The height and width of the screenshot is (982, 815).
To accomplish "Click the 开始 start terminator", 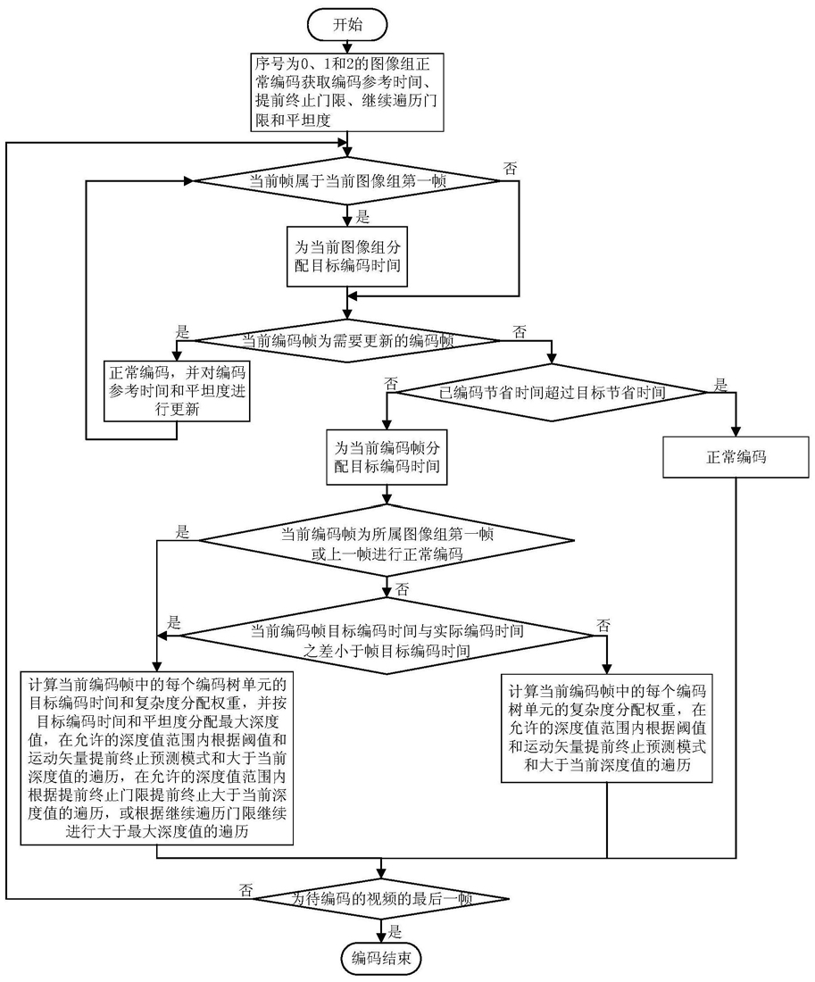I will [x=348, y=23].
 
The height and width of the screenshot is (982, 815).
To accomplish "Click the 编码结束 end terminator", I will [x=383, y=959].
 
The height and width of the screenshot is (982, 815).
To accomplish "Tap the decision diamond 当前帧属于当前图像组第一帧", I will [x=348, y=181].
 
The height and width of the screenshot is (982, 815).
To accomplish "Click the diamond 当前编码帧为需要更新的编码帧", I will [x=348, y=340].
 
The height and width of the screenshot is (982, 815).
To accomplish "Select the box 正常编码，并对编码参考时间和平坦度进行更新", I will [x=177, y=390].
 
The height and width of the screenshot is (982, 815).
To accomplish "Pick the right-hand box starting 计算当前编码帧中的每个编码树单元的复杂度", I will [x=607, y=728].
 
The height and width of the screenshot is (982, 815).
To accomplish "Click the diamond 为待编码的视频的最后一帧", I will [x=383, y=898].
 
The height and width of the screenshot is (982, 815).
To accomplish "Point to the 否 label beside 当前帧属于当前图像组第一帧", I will [x=510, y=167].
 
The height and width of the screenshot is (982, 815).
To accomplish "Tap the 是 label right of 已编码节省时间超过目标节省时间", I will [x=719, y=386].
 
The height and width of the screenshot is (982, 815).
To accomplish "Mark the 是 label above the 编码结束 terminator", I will [x=394, y=929].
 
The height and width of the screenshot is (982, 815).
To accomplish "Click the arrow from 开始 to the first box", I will [x=348, y=46].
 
